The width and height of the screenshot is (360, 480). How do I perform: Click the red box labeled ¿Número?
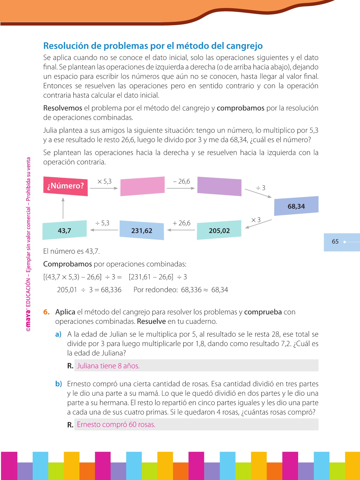tap(65, 186)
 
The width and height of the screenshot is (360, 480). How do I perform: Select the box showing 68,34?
tap(296, 206)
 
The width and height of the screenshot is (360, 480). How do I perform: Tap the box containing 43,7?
tap(65, 230)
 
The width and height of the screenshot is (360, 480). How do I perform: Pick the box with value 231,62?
tap(142, 230)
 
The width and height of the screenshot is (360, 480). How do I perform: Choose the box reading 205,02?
tap(219, 230)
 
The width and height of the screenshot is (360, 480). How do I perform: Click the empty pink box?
tap(142, 186)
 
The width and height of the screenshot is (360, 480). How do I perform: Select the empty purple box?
tap(219, 186)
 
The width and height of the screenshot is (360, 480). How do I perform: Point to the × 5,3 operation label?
tap(104, 182)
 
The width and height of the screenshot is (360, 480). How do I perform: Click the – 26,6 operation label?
tap(181, 182)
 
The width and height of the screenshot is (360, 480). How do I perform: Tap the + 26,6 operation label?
tap(181, 223)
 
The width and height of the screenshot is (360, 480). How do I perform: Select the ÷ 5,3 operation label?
tap(102, 223)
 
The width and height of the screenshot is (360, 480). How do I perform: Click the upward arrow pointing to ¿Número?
tap(63, 208)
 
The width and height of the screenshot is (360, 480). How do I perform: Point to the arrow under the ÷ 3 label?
tap(258, 193)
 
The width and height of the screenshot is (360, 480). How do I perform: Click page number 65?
tap(335, 242)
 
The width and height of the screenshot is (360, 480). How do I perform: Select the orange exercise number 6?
tap(46, 312)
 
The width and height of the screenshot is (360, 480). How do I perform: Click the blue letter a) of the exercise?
tap(58, 334)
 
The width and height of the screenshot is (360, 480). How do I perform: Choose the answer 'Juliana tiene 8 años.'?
tap(108, 366)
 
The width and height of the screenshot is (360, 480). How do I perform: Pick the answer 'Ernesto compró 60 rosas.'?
tap(116, 425)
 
